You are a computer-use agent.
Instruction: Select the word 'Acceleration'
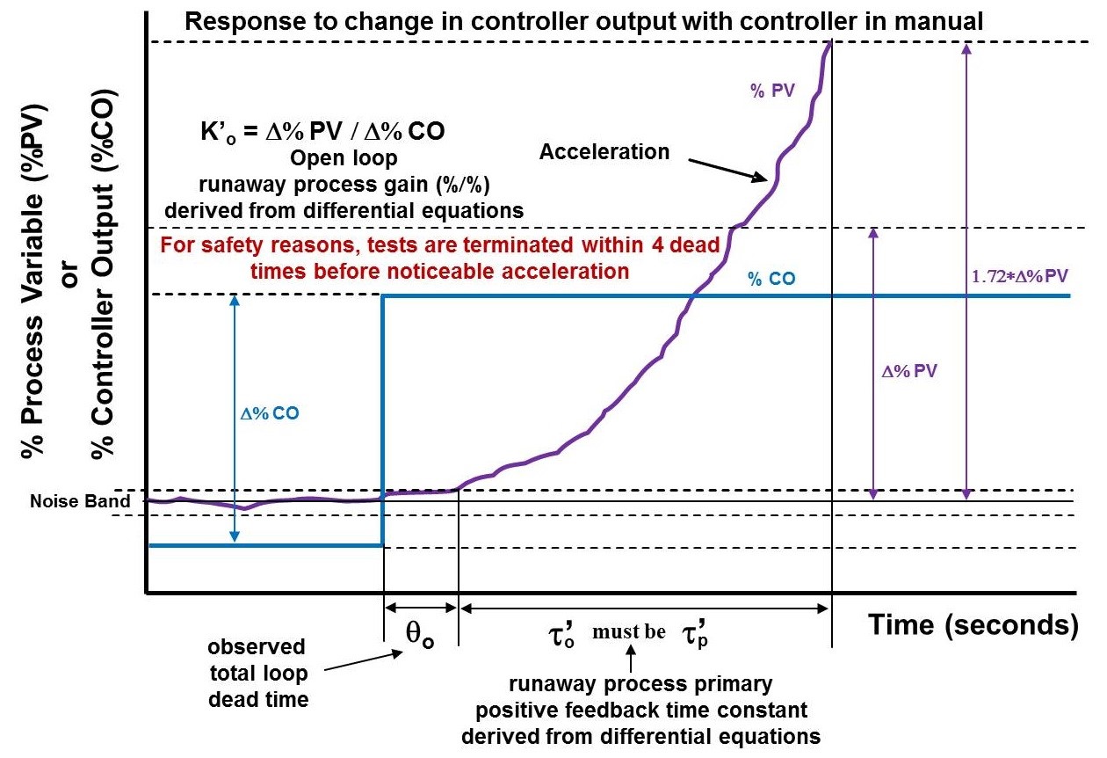(x=604, y=152)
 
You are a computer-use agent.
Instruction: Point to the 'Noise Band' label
(x=69, y=501)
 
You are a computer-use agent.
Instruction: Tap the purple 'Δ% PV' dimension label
(x=909, y=371)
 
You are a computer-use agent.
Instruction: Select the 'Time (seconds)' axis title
(x=973, y=625)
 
